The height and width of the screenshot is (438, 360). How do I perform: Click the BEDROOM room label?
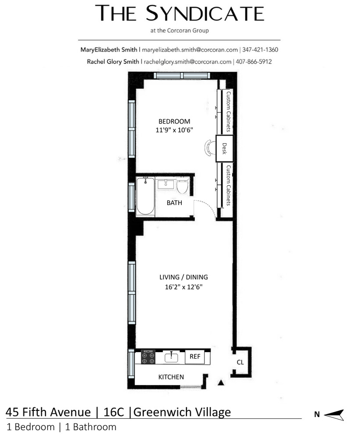(174, 121)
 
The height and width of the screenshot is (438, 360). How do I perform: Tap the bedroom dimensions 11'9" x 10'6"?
(174, 130)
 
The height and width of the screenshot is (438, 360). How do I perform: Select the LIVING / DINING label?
(184, 277)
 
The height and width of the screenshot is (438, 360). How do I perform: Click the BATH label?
(174, 203)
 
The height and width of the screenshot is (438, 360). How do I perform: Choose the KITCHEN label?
(171, 377)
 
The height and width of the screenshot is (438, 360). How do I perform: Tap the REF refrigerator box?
(195, 357)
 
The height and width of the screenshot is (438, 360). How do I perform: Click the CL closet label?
(240, 362)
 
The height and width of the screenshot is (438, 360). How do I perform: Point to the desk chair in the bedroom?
(210, 148)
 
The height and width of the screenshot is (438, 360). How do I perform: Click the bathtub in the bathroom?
(145, 196)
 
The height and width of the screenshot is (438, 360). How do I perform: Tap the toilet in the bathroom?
(182, 186)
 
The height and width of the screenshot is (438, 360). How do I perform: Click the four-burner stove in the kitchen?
(148, 357)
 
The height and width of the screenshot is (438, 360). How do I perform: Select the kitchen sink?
(172, 357)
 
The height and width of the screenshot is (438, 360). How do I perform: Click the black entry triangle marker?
(221, 382)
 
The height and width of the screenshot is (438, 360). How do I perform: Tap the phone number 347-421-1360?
(260, 50)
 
